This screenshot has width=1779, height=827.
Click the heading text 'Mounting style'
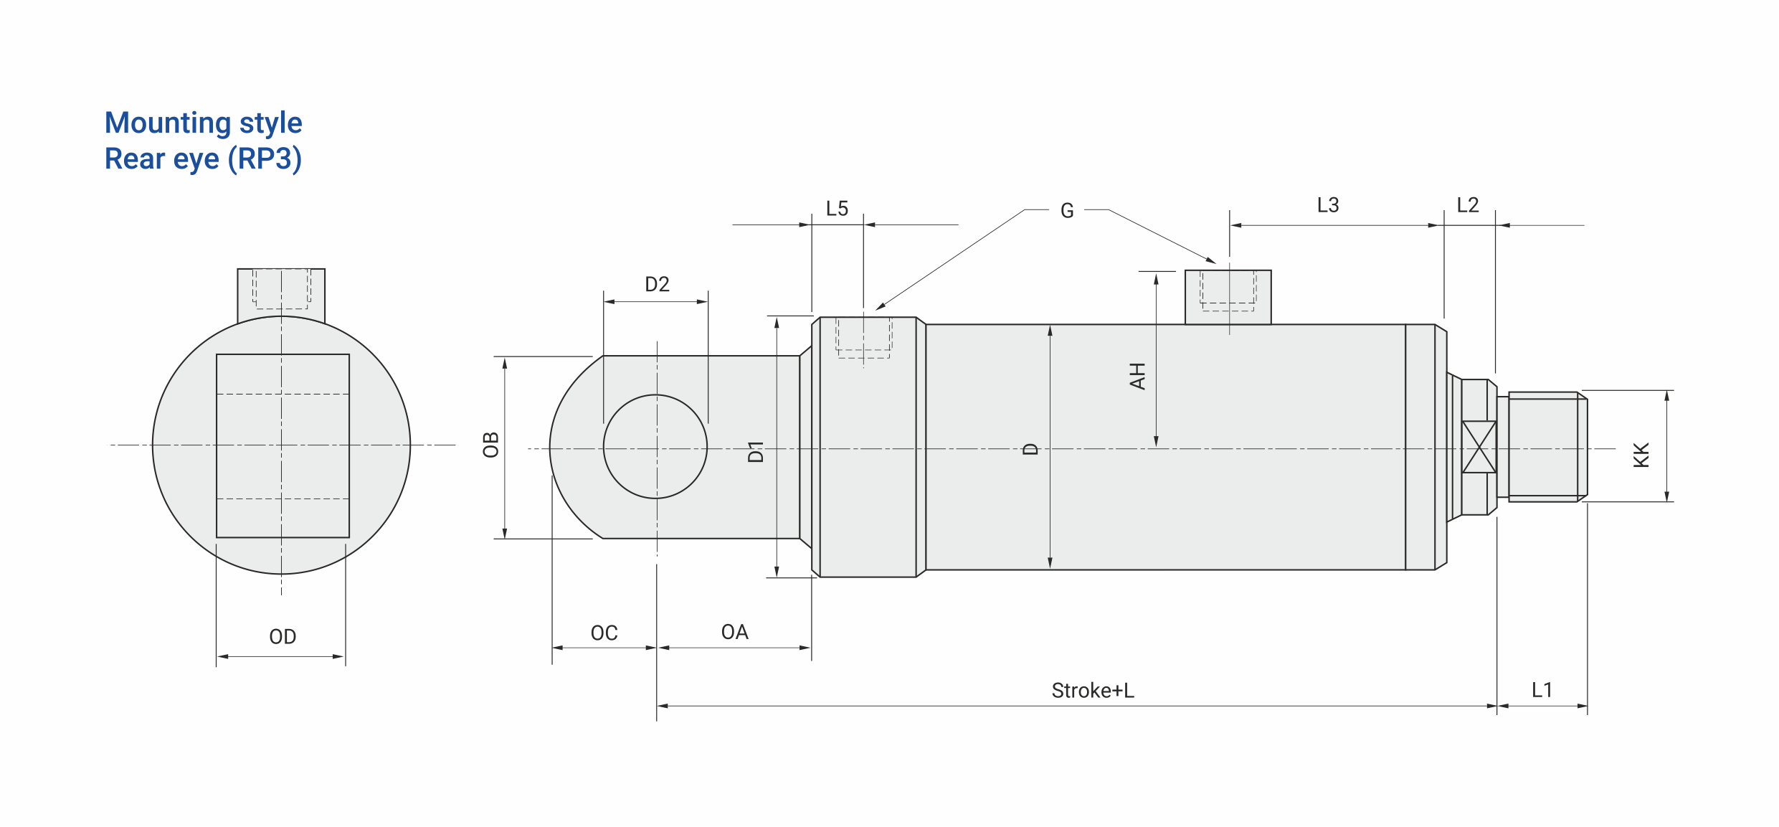204,123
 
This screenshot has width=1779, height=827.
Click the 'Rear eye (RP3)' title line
204,159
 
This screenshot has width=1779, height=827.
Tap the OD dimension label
283,637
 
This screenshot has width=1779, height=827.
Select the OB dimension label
490,445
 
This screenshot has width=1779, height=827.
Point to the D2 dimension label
657,285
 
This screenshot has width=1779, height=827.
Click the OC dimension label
604,633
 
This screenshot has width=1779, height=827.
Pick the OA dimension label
734,632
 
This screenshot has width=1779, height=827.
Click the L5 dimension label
837,209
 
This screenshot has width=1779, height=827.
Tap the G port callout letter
1067,211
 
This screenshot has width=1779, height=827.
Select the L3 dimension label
1328,205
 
